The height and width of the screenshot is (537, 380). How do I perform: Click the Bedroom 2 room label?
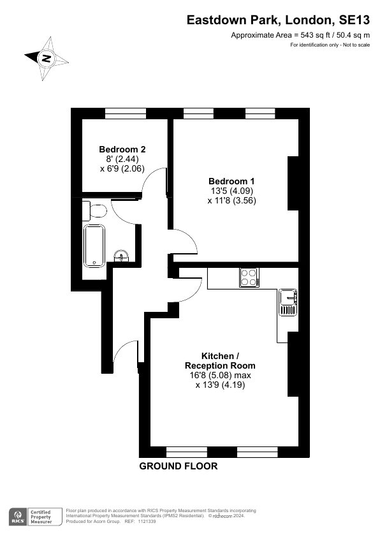122,149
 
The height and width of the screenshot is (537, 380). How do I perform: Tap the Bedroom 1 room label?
232,181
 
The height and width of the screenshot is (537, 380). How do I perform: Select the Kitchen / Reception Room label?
220,360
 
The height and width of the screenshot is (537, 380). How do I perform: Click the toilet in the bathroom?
95,210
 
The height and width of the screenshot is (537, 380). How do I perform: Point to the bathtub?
94,246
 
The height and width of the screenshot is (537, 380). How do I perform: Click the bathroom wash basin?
121,256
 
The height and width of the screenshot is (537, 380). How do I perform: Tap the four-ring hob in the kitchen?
249,277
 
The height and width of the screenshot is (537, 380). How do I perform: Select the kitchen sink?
288,302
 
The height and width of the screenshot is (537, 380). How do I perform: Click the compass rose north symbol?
46,58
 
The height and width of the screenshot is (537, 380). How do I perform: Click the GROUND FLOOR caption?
179,466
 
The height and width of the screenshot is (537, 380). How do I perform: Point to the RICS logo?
18,517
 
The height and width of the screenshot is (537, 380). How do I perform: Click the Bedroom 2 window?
126,114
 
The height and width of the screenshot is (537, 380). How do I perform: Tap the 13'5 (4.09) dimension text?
232,191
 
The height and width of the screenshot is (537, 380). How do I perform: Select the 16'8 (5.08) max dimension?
220,376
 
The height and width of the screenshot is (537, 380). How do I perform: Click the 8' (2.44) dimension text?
122,159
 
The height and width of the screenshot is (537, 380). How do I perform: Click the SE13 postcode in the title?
354,20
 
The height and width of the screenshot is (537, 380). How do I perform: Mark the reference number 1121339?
147,522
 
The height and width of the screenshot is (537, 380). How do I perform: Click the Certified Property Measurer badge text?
41,517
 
